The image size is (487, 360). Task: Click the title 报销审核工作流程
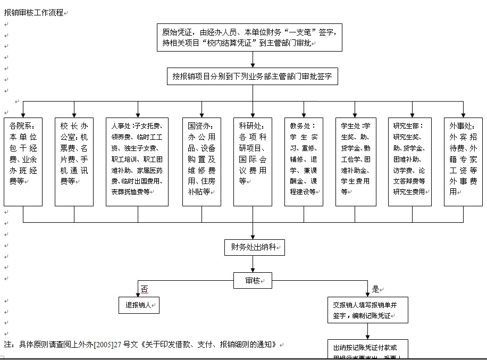point(34,12)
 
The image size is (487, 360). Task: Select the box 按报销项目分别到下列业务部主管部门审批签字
point(252,76)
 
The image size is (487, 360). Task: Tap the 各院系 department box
point(23,162)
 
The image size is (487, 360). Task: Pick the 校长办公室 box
point(74,162)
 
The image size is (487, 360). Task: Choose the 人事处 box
point(137,162)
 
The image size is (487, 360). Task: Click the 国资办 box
point(201,162)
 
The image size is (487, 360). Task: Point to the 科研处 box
point(253,162)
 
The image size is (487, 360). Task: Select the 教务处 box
point(304,162)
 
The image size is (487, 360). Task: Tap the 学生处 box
point(355,162)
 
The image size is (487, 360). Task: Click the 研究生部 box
point(409,162)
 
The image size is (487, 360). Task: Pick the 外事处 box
point(463,162)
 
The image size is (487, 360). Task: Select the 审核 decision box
point(253,280)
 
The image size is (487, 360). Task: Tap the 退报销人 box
point(139,305)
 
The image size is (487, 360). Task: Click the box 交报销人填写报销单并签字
point(368,310)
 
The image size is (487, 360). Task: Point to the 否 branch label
point(144,289)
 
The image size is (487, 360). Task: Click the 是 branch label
point(376,289)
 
